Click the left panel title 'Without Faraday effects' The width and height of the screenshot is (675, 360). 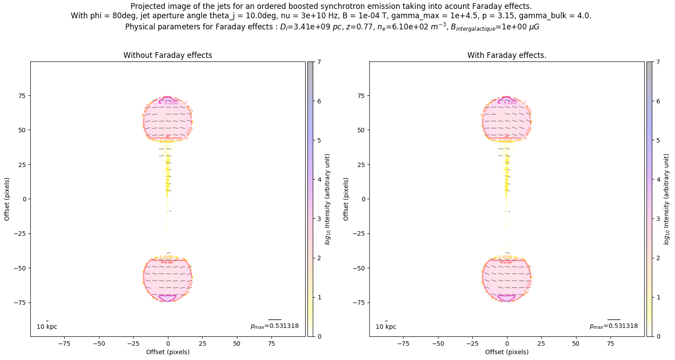(x=168, y=55)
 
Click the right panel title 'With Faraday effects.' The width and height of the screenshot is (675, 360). (x=507, y=55)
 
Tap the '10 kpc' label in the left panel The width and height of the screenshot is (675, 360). (x=47, y=327)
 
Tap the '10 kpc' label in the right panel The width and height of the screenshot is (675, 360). (x=386, y=327)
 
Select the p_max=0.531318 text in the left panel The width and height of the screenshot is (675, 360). (x=274, y=326)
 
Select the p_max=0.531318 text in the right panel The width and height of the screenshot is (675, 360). (x=614, y=326)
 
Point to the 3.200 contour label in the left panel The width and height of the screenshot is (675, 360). (x=171, y=102)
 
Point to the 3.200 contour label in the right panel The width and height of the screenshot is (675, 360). (x=510, y=102)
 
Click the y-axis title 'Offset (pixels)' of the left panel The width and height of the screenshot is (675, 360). (x=7, y=199)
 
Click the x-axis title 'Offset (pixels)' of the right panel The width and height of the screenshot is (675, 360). (x=507, y=352)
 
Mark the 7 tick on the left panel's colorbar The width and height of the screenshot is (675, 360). (x=319, y=62)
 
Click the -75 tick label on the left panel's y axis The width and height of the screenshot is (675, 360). (x=20, y=303)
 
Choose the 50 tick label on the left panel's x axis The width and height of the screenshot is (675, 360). (x=237, y=344)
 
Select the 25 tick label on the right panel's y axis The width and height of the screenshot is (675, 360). (x=361, y=164)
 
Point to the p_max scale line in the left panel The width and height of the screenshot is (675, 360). (x=274, y=319)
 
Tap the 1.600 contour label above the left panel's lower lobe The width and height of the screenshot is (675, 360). (x=166, y=257)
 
